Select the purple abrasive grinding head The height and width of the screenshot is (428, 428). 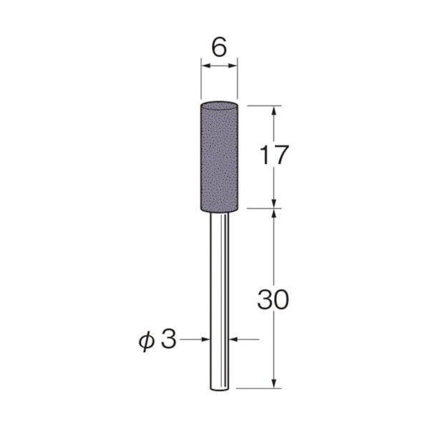click(x=219, y=157)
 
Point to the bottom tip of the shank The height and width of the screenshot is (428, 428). click(x=219, y=389)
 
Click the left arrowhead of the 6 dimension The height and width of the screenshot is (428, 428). click(x=205, y=67)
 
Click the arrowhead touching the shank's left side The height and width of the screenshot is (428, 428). click(x=205, y=341)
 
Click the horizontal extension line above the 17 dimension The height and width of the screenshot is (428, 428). click(x=261, y=105)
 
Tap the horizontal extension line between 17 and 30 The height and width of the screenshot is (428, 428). click(x=261, y=209)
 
